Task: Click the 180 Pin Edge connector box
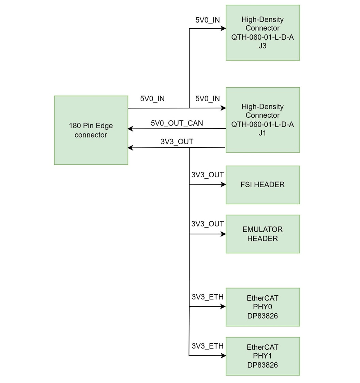click(x=91, y=130)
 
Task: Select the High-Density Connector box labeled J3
click(x=262, y=33)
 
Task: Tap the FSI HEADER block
click(x=262, y=185)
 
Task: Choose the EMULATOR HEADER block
click(x=262, y=234)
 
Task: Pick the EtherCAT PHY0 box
click(x=262, y=307)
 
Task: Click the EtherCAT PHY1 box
click(x=262, y=356)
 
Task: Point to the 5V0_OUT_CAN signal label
click(x=177, y=123)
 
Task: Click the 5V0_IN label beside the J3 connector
click(x=207, y=20)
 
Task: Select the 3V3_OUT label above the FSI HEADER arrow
click(x=207, y=175)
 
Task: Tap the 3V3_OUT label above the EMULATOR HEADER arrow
click(x=207, y=224)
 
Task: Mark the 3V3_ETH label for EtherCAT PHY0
click(x=207, y=297)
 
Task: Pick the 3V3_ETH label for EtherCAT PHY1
click(x=207, y=346)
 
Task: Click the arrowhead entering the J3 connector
click(x=223, y=28)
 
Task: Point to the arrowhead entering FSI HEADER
click(x=223, y=185)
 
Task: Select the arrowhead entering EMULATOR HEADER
click(x=223, y=234)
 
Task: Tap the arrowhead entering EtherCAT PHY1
click(x=223, y=356)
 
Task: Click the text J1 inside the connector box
click(x=262, y=133)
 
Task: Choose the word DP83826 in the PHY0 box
click(x=262, y=316)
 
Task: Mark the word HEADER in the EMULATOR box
click(x=262, y=239)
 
